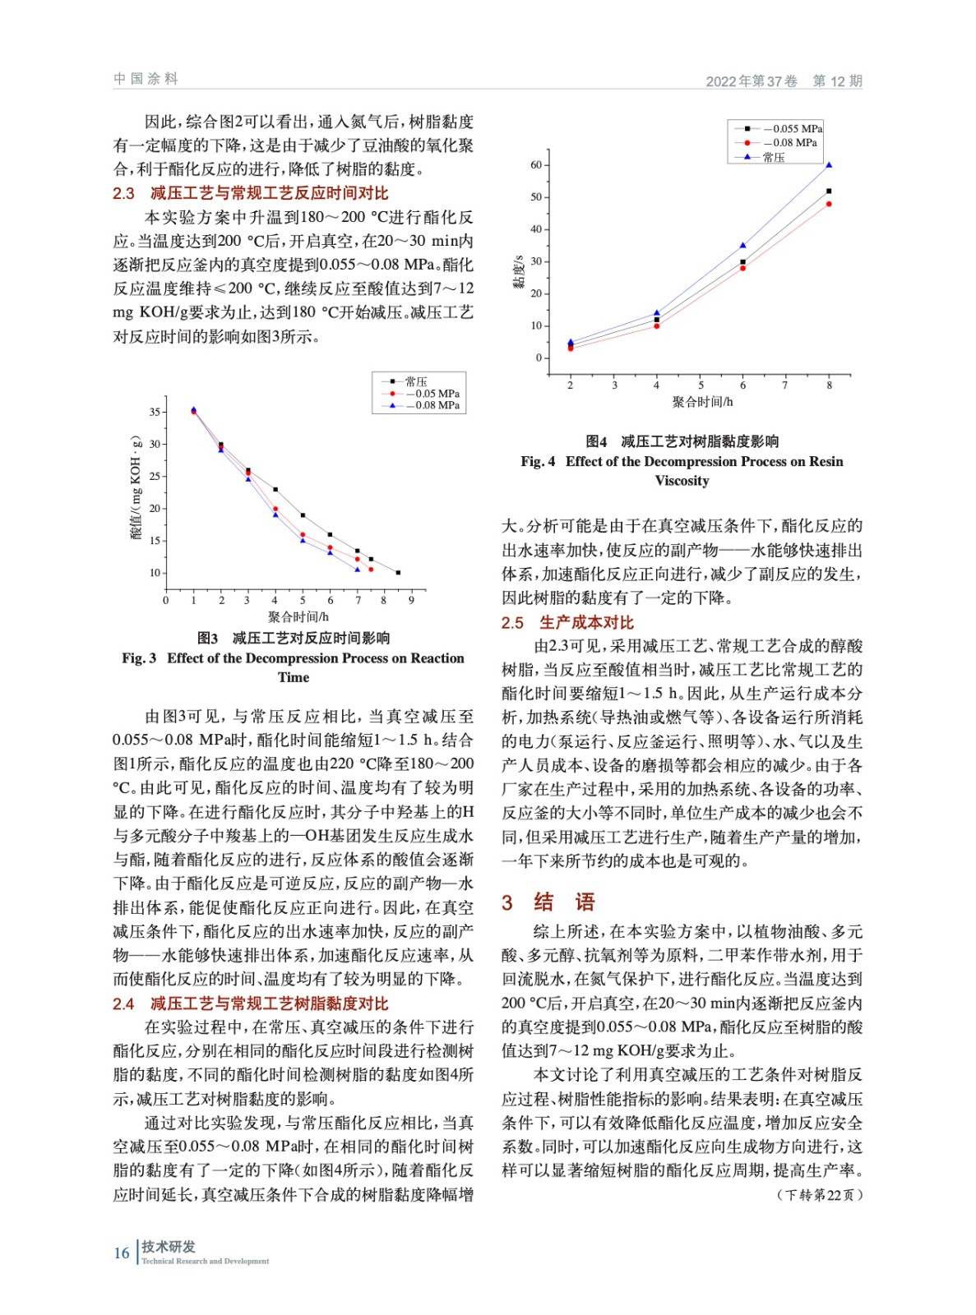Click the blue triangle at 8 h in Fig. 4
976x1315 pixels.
click(x=829, y=165)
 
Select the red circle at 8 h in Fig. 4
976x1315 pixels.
click(x=829, y=204)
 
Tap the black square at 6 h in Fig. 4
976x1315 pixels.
click(x=742, y=262)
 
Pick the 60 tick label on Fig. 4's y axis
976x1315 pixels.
click(x=536, y=165)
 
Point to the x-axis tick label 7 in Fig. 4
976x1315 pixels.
click(x=784, y=385)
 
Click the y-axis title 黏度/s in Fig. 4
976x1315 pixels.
click(x=518, y=272)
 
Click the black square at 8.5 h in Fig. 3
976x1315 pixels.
click(x=398, y=573)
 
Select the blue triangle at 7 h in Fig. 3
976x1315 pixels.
click(x=357, y=569)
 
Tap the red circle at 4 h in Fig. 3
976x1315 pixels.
click(x=275, y=510)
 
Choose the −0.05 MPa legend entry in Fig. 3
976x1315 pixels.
click(x=437, y=394)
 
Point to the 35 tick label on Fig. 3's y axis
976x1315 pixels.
click(x=155, y=413)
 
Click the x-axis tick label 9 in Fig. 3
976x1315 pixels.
click(x=411, y=600)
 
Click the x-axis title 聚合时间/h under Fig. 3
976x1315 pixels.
click(x=298, y=616)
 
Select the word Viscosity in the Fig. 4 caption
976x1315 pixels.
click(x=682, y=481)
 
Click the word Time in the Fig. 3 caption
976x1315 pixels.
click(x=294, y=677)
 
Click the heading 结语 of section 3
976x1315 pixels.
click(x=564, y=902)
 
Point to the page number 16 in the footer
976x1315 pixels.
click(x=122, y=1253)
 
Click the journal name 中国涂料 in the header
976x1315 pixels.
click(x=146, y=79)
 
